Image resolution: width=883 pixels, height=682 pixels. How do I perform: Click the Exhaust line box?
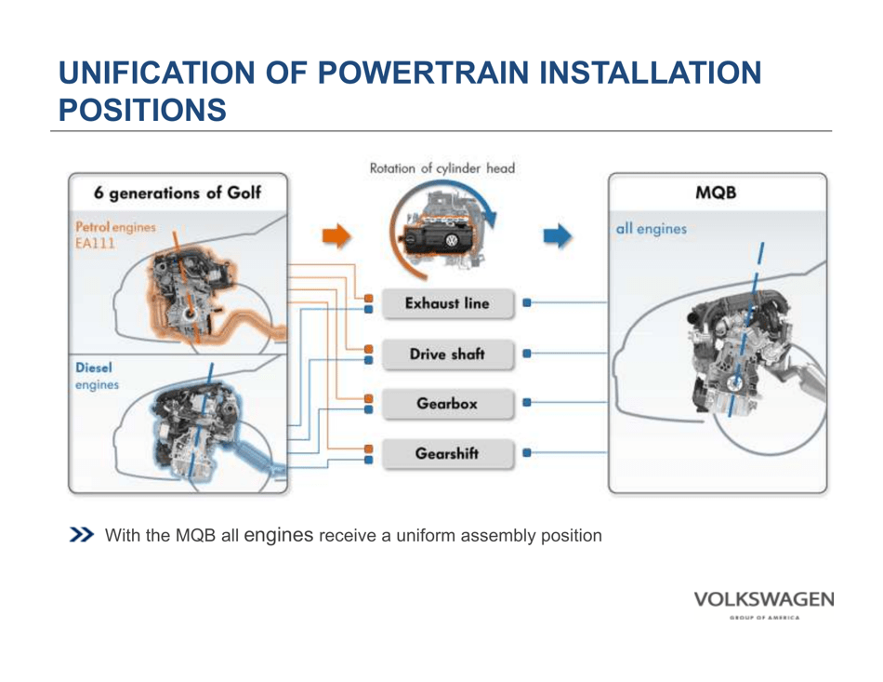(x=447, y=304)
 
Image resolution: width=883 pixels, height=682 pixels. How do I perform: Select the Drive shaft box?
(x=447, y=354)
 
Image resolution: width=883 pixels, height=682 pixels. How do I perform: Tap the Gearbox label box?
(x=447, y=405)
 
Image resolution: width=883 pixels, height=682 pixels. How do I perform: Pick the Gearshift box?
(x=447, y=454)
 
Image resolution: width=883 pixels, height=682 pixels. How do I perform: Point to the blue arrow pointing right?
(x=559, y=236)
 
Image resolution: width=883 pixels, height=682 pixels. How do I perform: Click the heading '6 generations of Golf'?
(x=178, y=194)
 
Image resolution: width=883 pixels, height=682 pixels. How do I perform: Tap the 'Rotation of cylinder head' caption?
(x=441, y=168)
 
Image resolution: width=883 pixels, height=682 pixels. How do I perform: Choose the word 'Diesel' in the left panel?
(x=94, y=368)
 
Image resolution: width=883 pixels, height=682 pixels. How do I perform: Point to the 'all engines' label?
(x=652, y=229)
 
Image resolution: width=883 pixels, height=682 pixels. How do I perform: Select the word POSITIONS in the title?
(x=142, y=110)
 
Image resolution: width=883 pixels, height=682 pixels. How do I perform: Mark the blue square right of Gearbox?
(x=527, y=404)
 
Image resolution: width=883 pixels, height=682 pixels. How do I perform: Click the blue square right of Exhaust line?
(x=527, y=303)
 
